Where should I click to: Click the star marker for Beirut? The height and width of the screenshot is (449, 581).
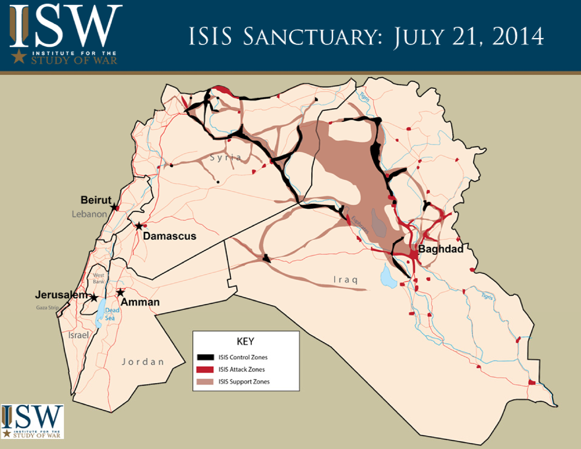pos(114,207)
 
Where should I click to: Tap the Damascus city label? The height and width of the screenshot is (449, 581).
pos(169,236)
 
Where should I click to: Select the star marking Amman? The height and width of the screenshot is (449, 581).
pos(120,293)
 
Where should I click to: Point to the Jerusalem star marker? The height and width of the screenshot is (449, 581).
pos(94,298)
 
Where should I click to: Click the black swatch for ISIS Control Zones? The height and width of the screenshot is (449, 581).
pos(205,357)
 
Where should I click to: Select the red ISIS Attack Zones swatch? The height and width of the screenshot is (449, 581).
pos(205,369)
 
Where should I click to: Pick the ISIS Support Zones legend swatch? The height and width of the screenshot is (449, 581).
pos(205,381)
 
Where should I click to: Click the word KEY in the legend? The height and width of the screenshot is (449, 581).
pos(245,341)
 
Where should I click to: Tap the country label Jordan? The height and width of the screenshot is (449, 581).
pos(143,362)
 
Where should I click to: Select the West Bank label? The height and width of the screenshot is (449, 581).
pos(98,278)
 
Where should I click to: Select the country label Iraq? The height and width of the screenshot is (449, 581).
pos(346,280)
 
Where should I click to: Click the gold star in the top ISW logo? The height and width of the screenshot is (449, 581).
pos(19,56)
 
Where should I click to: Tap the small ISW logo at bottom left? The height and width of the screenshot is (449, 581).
pos(32,421)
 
